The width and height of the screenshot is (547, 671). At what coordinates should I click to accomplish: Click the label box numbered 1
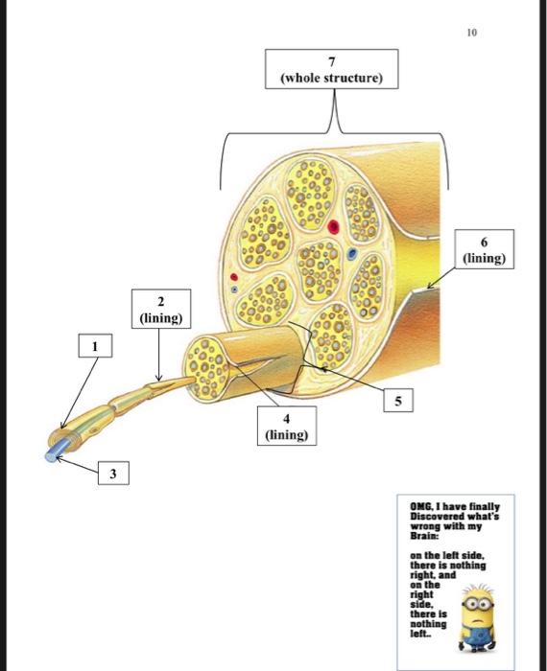pyautogui.click(x=96, y=346)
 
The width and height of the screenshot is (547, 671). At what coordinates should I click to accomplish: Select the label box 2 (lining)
pyautogui.click(x=161, y=309)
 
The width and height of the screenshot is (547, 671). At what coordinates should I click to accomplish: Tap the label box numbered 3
pyautogui.click(x=113, y=473)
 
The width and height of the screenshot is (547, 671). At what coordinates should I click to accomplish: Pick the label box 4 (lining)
pyautogui.click(x=287, y=426)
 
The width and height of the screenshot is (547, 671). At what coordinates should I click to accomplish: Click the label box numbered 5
pyautogui.click(x=398, y=401)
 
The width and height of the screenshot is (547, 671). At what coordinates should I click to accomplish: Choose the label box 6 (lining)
pyautogui.click(x=484, y=249)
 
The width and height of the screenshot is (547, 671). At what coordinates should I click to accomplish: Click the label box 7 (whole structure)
pyautogui.click(x=331, y=69)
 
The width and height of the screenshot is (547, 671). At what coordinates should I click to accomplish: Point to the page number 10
pyautogui.click(x=471, y=33)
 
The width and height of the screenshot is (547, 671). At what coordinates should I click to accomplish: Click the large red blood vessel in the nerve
pyautogui.click(x=333, y=227)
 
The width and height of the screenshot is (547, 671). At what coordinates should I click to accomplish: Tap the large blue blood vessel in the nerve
pyautogui.click(x=352, y=254)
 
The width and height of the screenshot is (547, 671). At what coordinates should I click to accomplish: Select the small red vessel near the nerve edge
pyautogui.click(x=234, y=277)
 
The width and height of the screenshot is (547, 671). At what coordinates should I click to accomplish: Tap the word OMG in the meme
pyautogui.click(x=420, y=507)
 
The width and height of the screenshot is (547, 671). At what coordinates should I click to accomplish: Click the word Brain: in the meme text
pyautogui.click(x=422, y=536)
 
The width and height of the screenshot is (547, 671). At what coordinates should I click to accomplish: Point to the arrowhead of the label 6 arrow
pyautogui.click(x=430, y=287)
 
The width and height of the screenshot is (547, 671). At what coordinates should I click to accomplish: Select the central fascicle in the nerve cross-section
pyautogui.click(x=319, y=270)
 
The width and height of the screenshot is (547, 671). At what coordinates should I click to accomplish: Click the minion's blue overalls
pyautogui.click(x=478, y=637)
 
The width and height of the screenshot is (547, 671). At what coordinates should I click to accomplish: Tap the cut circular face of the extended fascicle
pyautogui.click(x=206, y=368)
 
